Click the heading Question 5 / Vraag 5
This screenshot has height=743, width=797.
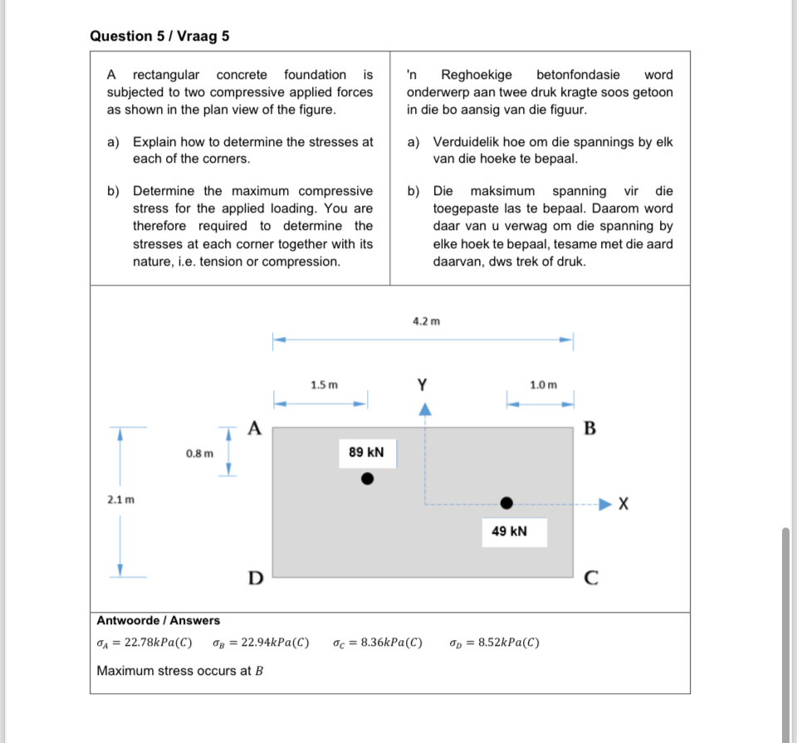[159, 37]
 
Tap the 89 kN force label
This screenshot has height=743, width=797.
[366, 452]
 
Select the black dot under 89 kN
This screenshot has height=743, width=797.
[367, 479]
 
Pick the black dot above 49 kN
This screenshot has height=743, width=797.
[506, 502]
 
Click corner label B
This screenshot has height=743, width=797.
[589, 428]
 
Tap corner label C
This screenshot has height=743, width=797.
[590, 579]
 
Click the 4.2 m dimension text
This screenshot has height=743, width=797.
[427, 320]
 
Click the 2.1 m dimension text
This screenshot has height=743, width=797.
[120, 500]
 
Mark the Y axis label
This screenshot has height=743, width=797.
[423, 384]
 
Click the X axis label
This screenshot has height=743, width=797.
[624, 504]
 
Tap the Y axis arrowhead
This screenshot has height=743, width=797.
[425, 408]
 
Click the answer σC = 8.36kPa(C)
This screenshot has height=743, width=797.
[377, 643]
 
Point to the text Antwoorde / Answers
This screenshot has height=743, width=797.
[159, 620]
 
